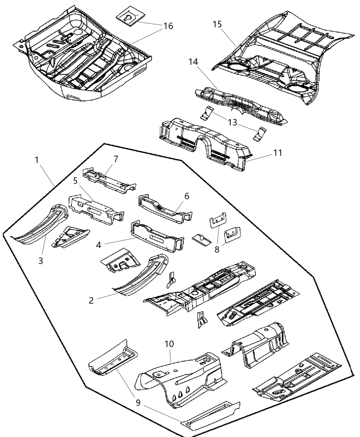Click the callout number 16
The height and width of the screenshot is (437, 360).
[x=168, y=26]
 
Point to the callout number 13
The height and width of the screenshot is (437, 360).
[x=233, y=122]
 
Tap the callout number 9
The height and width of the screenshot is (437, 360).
[x=138, y=402]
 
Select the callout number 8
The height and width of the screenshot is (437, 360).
[x=217, y=249]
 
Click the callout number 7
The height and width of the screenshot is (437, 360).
[x=116, y=159]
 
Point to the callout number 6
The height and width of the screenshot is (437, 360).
[x=187, y=196]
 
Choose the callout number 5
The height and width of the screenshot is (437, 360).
[x=75, y=181]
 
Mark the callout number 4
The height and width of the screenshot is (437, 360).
[x=99, y=245]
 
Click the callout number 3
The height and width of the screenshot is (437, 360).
[x=40, y=261]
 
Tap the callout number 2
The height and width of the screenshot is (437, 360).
[x=91, y=300]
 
